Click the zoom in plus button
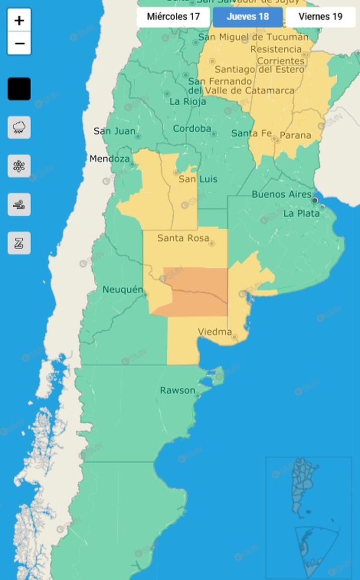point(19,20)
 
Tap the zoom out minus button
point(19,44)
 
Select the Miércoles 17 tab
point(173,17)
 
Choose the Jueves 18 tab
point(248,17)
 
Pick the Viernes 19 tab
point(321,17)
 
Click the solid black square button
point(19,89)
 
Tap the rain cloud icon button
point(19,127)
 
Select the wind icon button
point(19,205)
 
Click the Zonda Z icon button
point(19,243)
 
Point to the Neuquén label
point(123,289)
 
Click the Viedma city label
point(215,332)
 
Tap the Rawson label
point(177,390)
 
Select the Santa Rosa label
point(183,238)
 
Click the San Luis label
point(198,179)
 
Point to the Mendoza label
point(109,159)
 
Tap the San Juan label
point(114,131)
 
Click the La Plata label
point(301,214)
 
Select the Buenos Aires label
point(281,194)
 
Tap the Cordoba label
point(192,129)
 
